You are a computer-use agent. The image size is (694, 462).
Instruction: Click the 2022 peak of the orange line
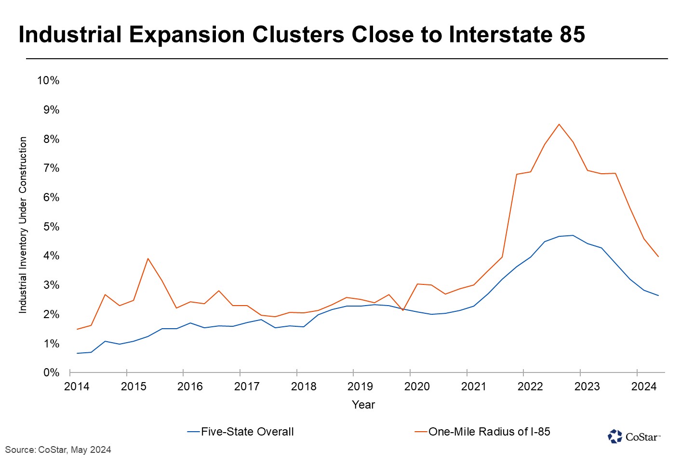(559, 124)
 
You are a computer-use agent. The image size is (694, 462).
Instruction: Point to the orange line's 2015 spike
(148, 258)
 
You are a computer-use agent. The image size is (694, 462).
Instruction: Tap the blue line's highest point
(573, 235)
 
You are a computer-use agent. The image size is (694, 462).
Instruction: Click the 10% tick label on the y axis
(48, 80)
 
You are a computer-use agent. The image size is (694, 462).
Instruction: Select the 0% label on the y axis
(51, 373)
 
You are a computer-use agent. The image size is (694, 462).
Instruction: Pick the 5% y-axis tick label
(51, 227)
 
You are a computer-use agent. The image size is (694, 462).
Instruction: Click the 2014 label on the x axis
(77, 386)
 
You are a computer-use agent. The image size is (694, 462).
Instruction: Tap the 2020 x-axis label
(417, 386)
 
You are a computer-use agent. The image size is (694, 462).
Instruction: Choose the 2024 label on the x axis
(644, 386)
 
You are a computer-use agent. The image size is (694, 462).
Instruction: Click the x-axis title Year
(363, 405)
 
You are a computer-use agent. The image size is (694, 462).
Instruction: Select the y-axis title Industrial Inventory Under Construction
(23, 225)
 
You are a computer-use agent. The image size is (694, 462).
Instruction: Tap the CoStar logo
(633, 436)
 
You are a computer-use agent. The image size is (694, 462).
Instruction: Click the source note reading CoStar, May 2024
(58, 450)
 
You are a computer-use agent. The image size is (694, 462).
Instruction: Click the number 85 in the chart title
(572, 35)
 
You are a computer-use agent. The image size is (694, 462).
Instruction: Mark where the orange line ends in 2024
(658, 257)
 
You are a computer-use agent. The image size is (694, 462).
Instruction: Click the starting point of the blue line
(77, 353)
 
